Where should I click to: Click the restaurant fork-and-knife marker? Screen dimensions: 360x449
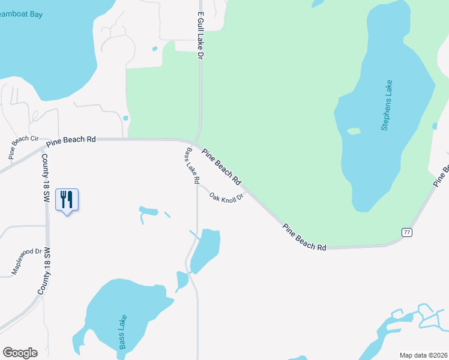coord(67,200)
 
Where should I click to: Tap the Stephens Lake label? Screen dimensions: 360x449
coord(387,105)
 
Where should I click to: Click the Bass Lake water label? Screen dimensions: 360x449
coord(122,332)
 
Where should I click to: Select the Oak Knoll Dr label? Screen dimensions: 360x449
coord(226,196)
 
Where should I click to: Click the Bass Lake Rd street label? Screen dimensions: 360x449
coord(192,165)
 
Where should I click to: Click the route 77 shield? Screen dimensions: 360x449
coord(406,232)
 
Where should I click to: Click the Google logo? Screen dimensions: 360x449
coord(20,353)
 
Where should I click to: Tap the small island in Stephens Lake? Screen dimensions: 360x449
coord(354,131)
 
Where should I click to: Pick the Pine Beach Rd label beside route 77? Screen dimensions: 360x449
coord(304,238)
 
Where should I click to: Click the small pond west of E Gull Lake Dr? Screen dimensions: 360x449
coord(154,49)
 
